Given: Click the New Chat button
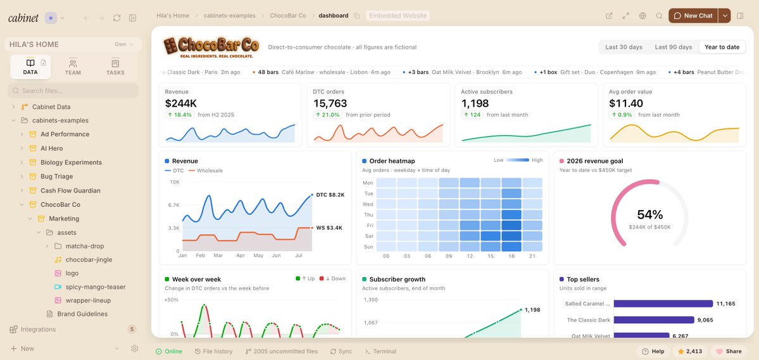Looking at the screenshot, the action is [693, 15].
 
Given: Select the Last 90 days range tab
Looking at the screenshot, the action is [674, 47].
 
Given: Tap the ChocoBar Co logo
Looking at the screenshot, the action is [211, 47].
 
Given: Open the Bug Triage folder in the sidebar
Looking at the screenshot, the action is [63, 177].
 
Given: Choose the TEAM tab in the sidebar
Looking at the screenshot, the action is [73, 67].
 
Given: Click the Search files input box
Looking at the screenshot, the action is [73, 90].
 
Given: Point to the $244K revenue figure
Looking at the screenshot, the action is [180, 103].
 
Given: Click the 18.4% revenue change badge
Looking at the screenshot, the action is [179, 115].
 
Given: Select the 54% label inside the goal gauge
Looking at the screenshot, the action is [650, 215].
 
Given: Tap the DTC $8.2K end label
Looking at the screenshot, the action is [330, 195].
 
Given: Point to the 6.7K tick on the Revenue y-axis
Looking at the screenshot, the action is [173, 205].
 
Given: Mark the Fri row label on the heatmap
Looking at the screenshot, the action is [368, 225].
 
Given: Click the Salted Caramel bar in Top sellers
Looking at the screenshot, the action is [663, 304].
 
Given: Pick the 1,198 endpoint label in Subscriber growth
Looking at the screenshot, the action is [532, 309].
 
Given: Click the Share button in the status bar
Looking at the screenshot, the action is [729, 351].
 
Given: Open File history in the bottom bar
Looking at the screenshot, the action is [213, 351].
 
